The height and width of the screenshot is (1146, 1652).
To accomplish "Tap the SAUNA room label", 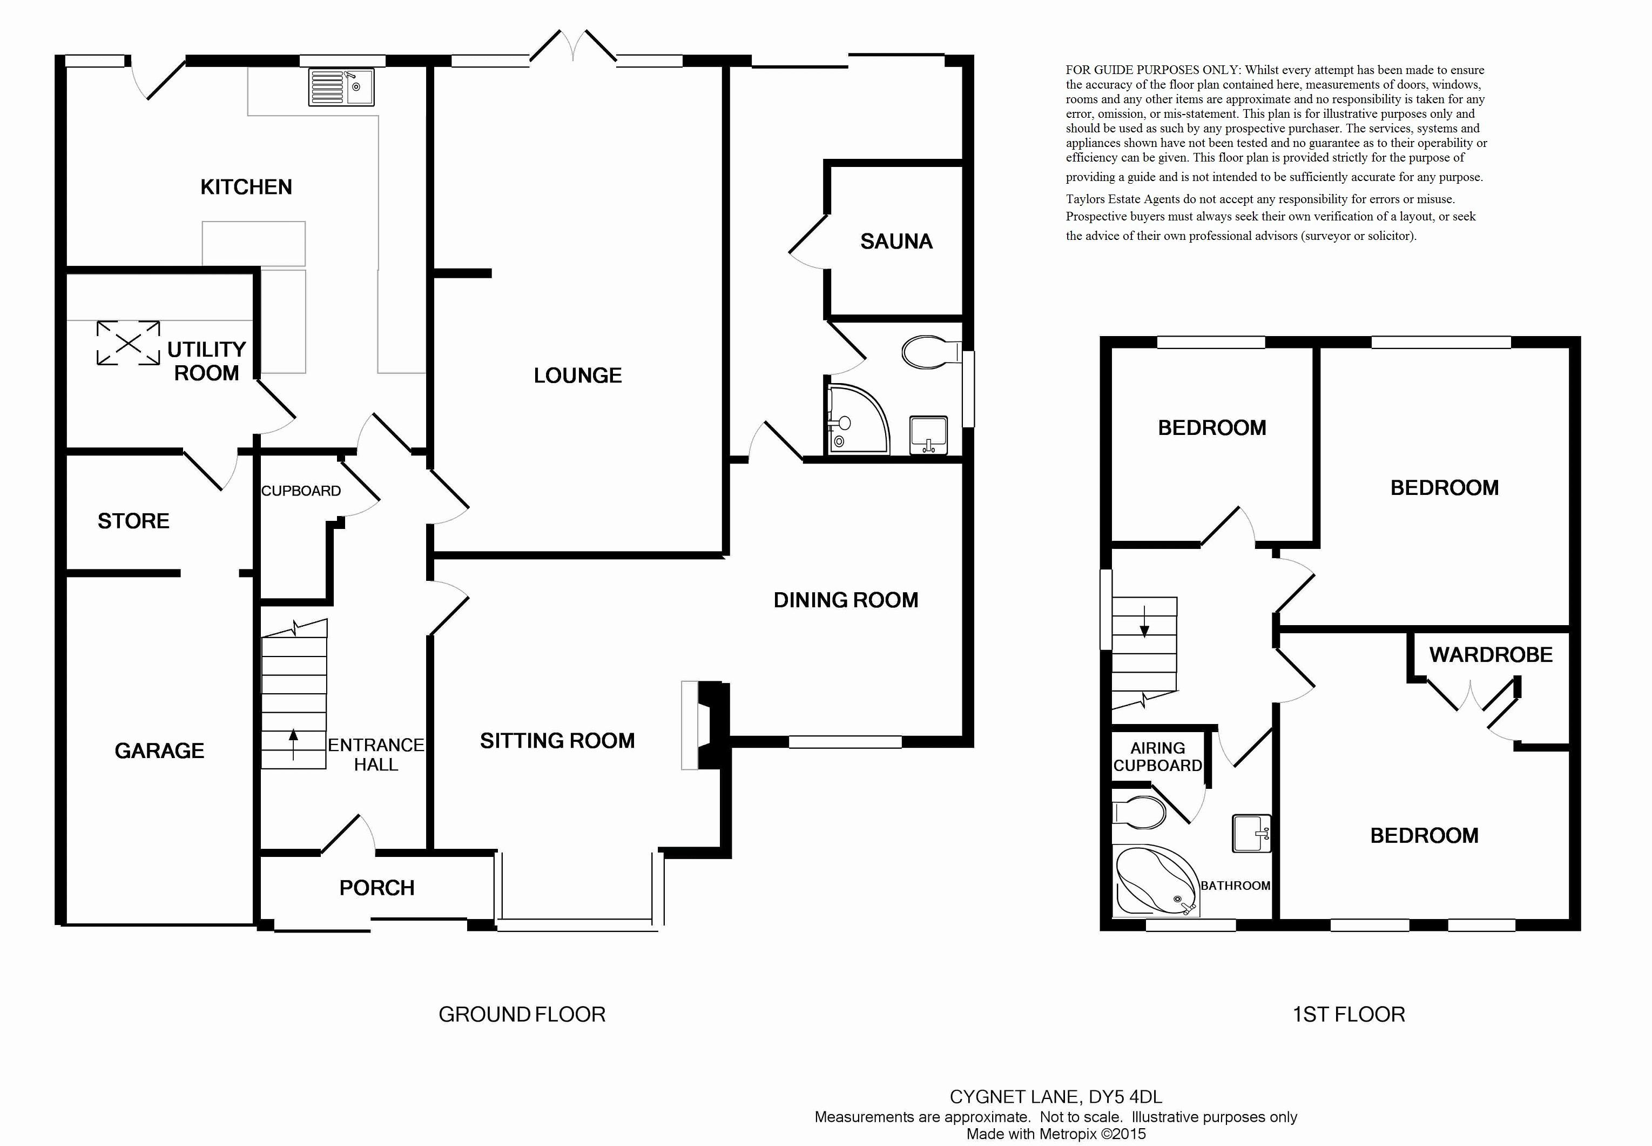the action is coord(896,242).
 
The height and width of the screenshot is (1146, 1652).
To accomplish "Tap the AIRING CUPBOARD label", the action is coord(1157,757).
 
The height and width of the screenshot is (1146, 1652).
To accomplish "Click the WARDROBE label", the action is coord(1491,654).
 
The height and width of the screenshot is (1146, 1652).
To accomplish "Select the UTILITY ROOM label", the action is coord(207,361).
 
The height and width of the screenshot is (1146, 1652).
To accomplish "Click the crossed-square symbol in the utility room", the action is coord(129,343).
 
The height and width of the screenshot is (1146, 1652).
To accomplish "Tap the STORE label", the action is coord(133,520).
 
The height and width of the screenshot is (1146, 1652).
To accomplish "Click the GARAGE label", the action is coord(159,750).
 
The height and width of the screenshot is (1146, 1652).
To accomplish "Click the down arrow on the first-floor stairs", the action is coord(1144,621).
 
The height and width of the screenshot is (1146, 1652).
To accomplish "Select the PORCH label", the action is coord(377,888).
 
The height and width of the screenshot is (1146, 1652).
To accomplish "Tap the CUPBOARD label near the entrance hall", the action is coord(301,491).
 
